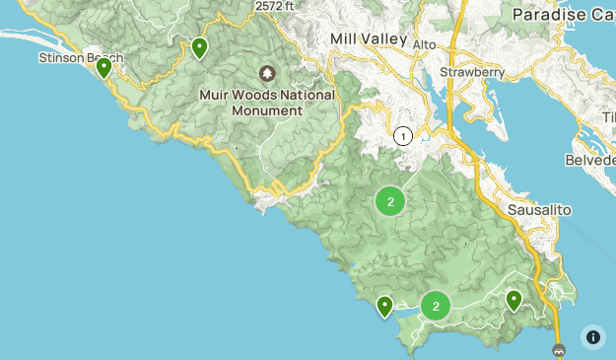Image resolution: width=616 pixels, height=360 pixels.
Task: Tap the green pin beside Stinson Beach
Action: (x=103, y=67)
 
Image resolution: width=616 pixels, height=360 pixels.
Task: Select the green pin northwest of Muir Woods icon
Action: (x=200, y=47)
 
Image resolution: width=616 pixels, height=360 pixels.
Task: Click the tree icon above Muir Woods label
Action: (x=267, y=74)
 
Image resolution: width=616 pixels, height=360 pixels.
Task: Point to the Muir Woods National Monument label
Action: (x=267, y=103)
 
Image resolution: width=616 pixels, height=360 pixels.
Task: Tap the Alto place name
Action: (x=424, y=45)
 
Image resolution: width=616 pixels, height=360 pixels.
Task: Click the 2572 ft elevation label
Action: (x=275, y=6)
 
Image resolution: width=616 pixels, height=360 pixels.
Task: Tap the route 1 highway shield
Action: (x=402, y=136)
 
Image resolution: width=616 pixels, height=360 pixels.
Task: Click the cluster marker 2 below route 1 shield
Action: (x=390, y=201)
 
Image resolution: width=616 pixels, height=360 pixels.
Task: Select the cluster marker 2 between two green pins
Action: (x=436, y=306)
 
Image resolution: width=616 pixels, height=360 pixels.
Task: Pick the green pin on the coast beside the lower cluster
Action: (x=384, y=306)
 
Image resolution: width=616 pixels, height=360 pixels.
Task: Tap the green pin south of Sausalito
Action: (x=513, y=299)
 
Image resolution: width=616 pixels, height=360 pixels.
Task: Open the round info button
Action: (x=593, y=337)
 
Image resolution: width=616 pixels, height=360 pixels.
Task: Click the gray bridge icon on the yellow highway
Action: (x=559, y=350)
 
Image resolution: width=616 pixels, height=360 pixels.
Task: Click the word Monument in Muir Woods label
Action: (x=267, y=110)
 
